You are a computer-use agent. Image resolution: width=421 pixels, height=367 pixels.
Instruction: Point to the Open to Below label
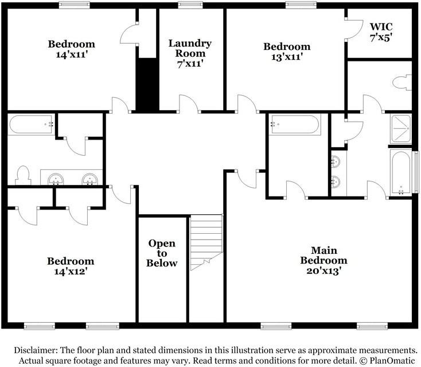click(162, 253)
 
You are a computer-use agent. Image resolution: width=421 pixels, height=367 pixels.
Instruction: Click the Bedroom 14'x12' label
click(71, 265)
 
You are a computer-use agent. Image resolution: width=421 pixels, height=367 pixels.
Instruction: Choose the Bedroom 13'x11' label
click(286, 51)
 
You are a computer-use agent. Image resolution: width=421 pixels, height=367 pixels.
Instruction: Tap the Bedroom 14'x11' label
click(71, 49)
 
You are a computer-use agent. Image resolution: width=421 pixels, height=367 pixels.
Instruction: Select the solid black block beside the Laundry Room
click(147, 84)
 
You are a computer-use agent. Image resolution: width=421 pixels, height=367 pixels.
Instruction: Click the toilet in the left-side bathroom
click(22, 175)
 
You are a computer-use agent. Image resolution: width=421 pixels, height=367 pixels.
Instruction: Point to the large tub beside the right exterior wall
click(400, 172)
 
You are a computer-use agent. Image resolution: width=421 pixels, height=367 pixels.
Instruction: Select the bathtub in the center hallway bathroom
click(295, 124)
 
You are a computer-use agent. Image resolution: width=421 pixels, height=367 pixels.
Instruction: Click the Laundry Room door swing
click(189, 104)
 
